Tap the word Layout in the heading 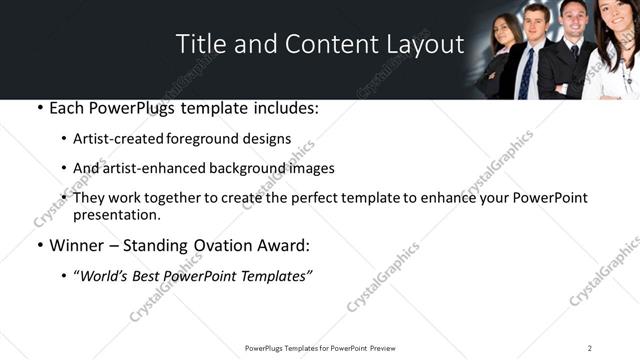[424, 45]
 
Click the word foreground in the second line [213, 139]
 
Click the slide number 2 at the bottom [589, 348]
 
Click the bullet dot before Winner [38, 245]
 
